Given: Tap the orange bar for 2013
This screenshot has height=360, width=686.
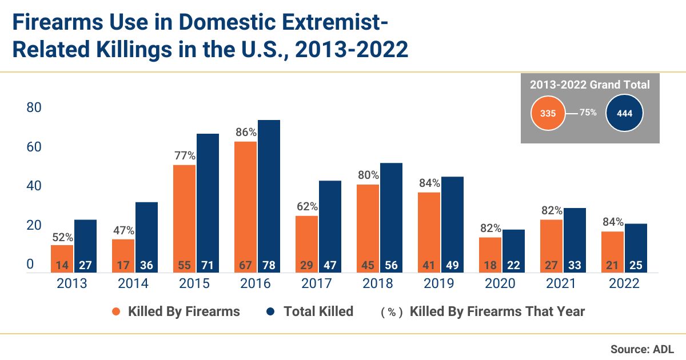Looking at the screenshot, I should tap(62, 254).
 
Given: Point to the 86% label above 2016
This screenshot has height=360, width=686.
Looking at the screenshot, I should tap(246, 133).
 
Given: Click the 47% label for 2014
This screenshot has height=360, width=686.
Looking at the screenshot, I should tap(123, 231).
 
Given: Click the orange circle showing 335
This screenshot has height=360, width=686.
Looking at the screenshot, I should tap(548, 113).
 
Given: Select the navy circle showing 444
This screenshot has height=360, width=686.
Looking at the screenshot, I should tap(624, 113).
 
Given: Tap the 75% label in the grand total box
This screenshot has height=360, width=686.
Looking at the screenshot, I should tap(588, 113).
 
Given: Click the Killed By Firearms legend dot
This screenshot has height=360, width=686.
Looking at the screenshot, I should tap(117, 311).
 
